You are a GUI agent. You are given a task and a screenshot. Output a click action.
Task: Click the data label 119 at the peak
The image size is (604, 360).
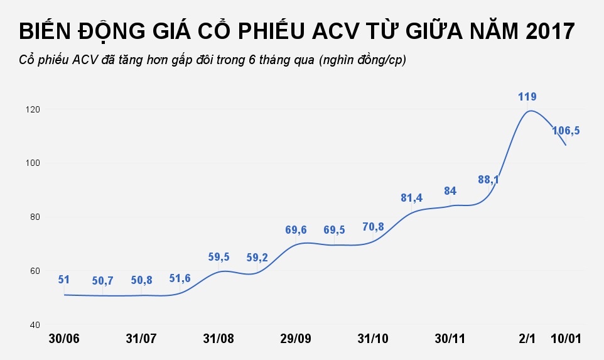pyautogui.click(x=527, y=97)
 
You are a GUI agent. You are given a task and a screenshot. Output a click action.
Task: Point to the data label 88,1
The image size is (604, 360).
pyautogui.click(x=488, y=180)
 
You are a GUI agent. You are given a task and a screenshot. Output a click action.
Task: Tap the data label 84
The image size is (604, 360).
pyautogui.click(x=450, y=191)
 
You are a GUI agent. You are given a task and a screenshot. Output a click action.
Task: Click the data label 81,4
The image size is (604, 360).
pyautogui.click(x=411, y=198)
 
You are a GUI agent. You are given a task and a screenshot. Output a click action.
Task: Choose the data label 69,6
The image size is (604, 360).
pyautogui.click(x=296, y=231)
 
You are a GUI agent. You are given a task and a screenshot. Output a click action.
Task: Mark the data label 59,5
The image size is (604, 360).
pyautogui.click(x=218, y=257)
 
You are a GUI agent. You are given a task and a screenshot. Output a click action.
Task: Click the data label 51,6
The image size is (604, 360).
pyautogui.click(x=180, y=278)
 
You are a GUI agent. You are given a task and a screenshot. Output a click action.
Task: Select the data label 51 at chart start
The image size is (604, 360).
pyautogui.click(x=63, y=280)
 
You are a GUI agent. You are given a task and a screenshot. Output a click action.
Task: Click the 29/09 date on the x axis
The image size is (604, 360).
pyautogui.click(x=296, y=339)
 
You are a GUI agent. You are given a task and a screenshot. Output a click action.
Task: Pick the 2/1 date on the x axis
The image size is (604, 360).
pyautogui.click(x=527, y=339)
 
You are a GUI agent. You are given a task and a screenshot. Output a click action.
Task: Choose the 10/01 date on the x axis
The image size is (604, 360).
pyautogui.click(x=566, y=339)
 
